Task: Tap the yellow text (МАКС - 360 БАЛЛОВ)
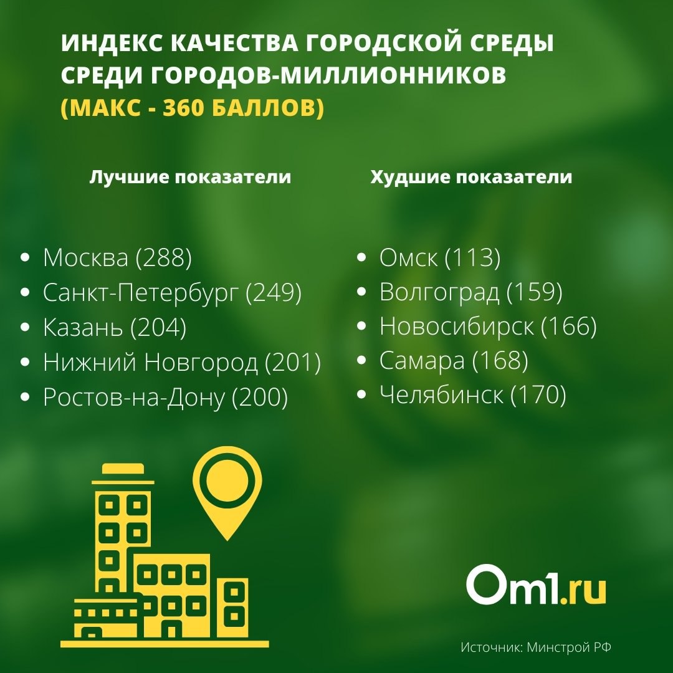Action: [x=193, y=108]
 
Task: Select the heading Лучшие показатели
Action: [x=190, y=177]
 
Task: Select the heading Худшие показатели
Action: [x=471, y=177]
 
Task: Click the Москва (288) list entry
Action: [x=117, y=257]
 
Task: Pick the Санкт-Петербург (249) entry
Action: [x=172, y=293]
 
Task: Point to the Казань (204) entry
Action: [x=115, y=328]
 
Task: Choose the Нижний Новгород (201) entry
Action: [x=182, y=362]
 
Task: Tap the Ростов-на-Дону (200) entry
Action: [x=165, y=397]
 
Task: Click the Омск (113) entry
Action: [x=440, y=257]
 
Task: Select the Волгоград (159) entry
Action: [x=471, y=292]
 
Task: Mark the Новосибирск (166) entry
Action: [x=488, y=327]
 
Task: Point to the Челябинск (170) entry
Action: [x=472, y=395]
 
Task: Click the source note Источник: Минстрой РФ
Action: [x=536, y=647]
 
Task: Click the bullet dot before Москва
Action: [x=25, y=257]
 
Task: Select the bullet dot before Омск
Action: [x=361, y=257]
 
